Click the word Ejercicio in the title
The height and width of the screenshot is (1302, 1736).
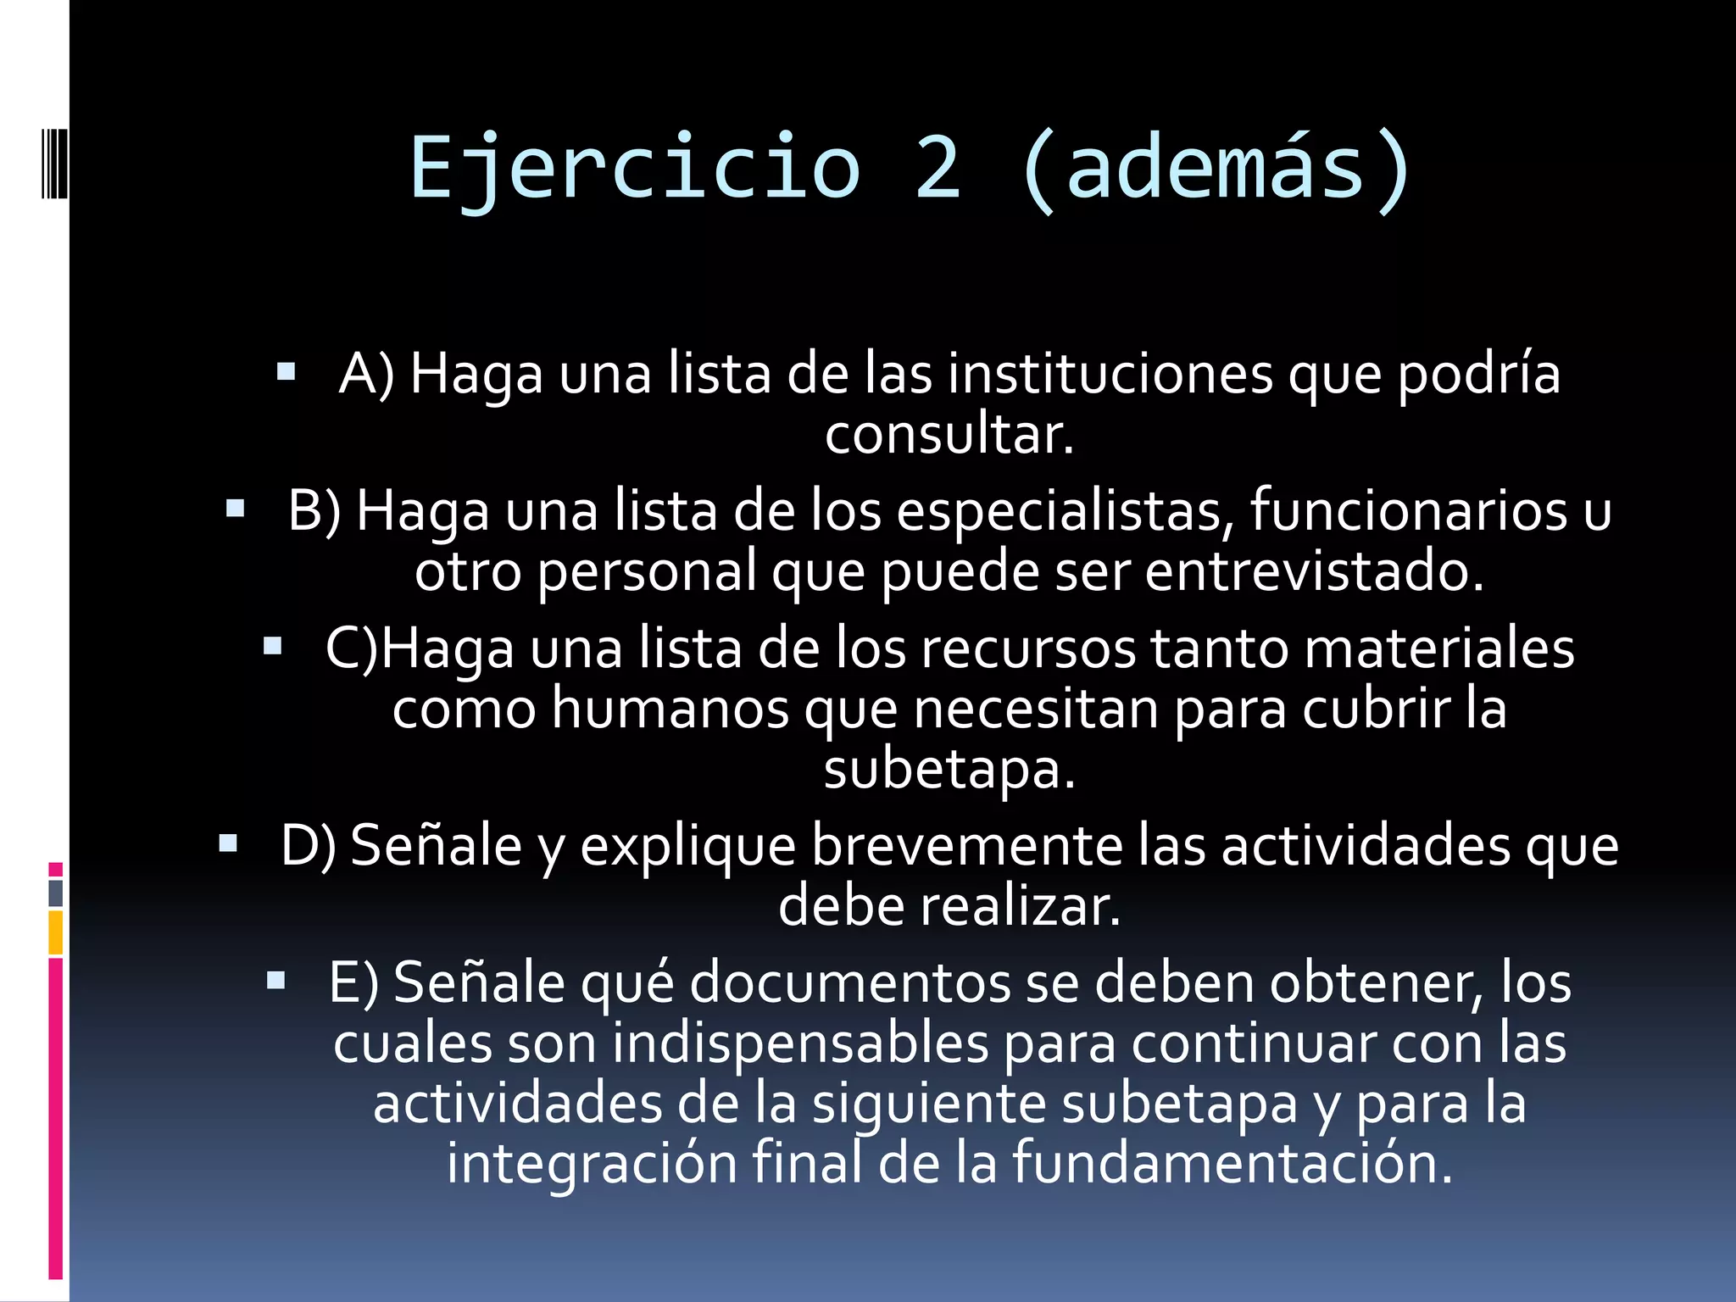(635, 168)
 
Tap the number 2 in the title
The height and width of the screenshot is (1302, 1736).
(938, 168)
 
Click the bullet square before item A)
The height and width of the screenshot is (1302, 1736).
(286, 371)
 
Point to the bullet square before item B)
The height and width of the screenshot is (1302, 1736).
(235, 509)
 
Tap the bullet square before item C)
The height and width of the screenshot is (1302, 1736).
(272, 647)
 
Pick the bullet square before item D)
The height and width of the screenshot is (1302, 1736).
(227, 843)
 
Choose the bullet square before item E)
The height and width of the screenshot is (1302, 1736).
(275, 981)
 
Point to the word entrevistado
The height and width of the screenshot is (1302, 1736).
(1314, 571)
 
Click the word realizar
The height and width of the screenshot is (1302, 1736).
(1020, 906)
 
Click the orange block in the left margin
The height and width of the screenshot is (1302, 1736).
(55, 932)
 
